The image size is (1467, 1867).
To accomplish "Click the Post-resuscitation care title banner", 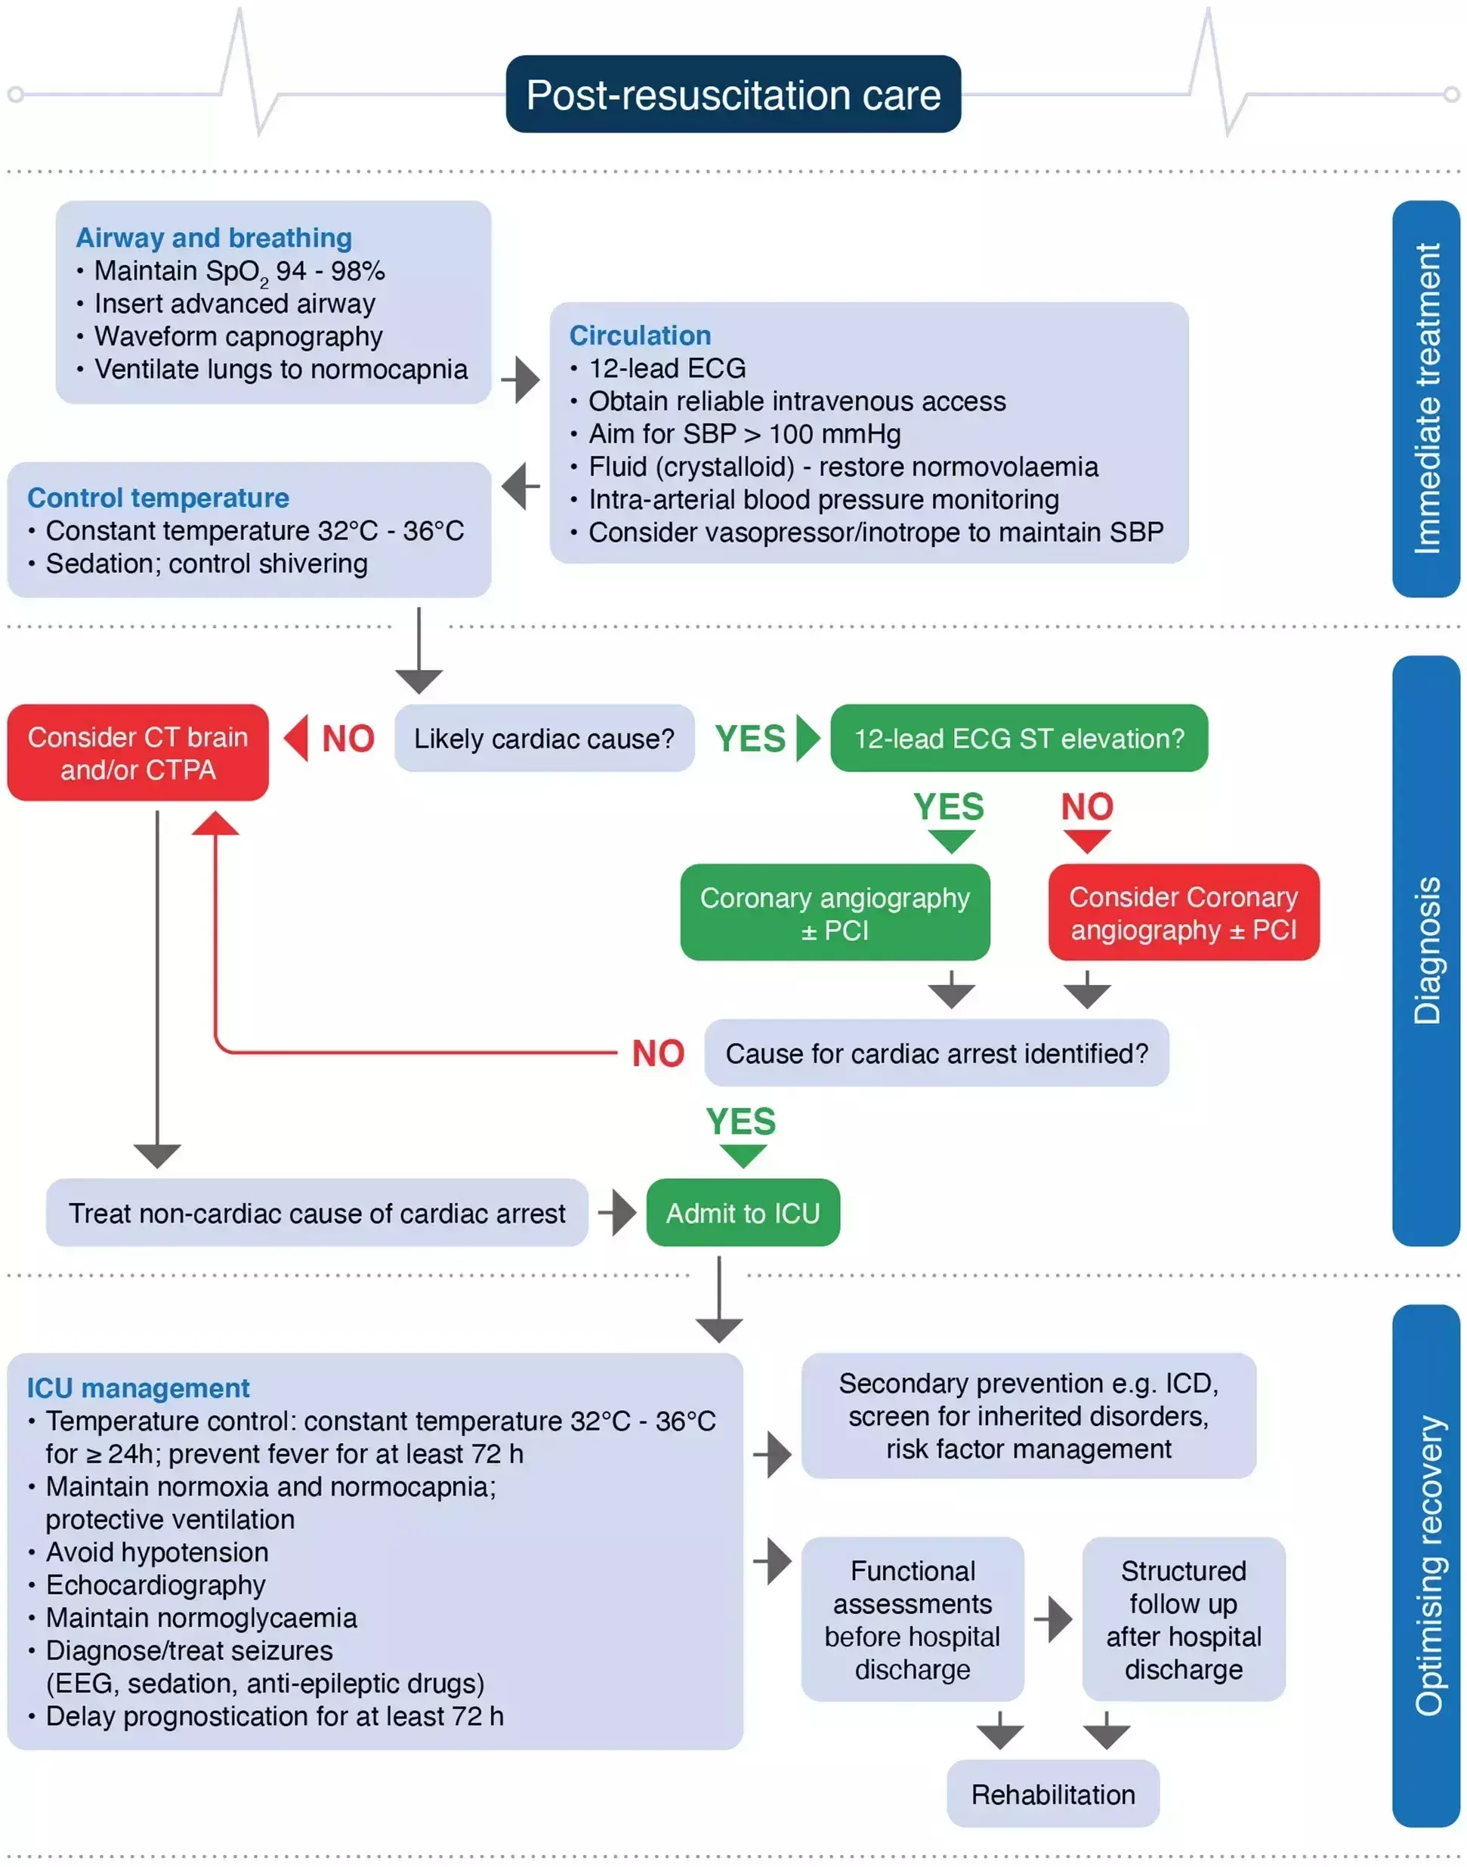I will (733, 94).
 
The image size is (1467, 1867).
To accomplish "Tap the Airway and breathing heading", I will (214, 237).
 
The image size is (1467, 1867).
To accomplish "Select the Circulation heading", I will (640, 335).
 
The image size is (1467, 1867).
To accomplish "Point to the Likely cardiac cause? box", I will (544, 739).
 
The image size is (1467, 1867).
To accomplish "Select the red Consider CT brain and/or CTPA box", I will (137, 753).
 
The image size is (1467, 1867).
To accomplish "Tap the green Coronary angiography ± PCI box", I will (834, 913).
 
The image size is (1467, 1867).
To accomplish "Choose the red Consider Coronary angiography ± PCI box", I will (1183, 913).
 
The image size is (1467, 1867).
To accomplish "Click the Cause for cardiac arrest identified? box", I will (936, 1054).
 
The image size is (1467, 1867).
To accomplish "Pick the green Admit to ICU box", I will (743, 1213).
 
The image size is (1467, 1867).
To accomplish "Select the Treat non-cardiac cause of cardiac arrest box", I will (317, 1213).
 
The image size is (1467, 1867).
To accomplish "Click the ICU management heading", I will (137, 1388).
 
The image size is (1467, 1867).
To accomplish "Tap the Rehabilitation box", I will (1053, 1794).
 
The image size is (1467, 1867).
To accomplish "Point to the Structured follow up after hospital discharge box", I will (1184, 1620).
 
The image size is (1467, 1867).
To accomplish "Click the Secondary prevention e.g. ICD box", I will (1028, 1416).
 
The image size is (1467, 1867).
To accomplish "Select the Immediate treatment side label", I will (1425, 399).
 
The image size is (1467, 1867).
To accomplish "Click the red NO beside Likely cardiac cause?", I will (347, 739).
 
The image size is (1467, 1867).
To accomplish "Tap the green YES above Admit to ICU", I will (741, 1122).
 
